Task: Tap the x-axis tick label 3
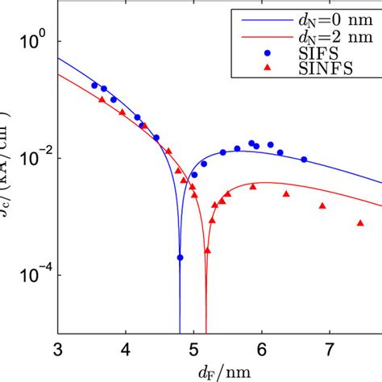[x=58, y=349]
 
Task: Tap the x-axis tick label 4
[x=126, y=349]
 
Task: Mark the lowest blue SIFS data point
[x=180, y=258]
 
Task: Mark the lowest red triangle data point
[x=207, y=251]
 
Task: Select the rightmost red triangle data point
[x=360, y=222]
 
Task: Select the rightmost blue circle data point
[x=304, y=160]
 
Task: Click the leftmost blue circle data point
[x=94, y=85]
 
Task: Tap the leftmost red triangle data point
[x=101, y=99]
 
